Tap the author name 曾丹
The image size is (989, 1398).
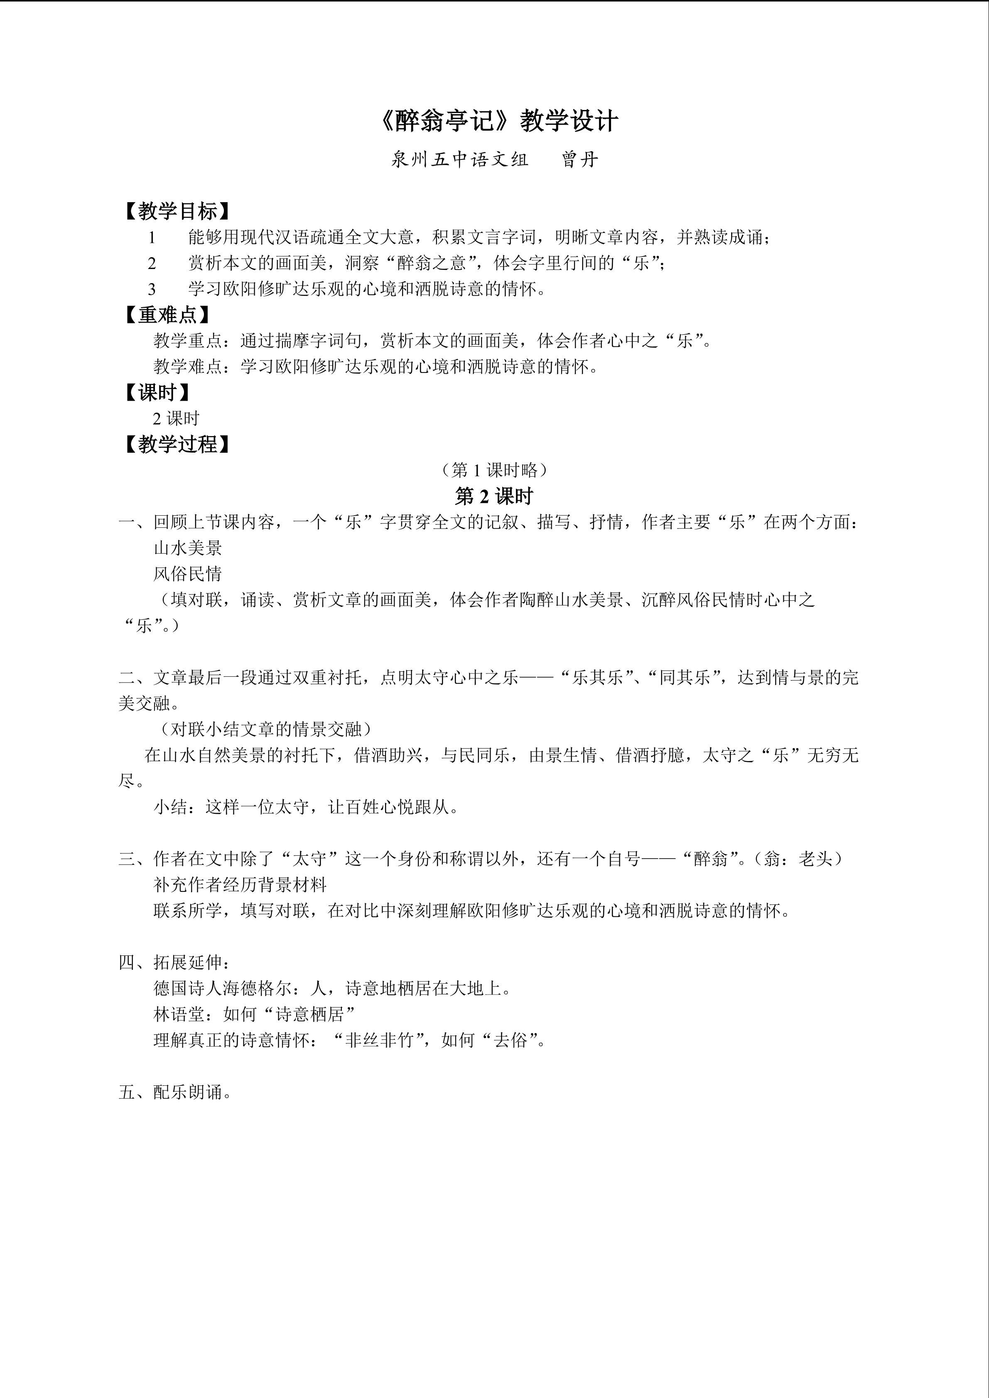[x=580, y=159]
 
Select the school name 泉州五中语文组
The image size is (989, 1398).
[x=459, y=159]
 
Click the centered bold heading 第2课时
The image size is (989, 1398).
[x=494, y=496]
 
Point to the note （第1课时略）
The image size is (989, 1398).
[x=494, y=470]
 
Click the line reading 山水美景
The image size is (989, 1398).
[x=188, y=548]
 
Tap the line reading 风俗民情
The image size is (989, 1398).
[x=188, y=573]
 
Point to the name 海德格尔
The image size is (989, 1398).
[x=265, y=988]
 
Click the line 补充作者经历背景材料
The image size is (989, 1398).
[x=240, y=885]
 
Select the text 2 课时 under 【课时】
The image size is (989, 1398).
[x=176, y=418]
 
